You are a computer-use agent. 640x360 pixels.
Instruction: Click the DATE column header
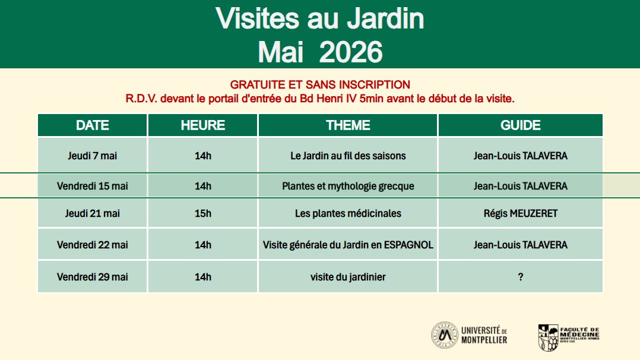click(92, 125)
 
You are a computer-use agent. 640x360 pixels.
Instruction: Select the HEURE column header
click(203, 125)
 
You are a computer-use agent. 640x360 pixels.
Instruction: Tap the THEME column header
click(348, 125)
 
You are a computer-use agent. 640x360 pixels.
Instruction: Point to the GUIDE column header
click(521, 125)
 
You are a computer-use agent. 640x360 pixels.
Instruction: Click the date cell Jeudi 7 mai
click(92, 156)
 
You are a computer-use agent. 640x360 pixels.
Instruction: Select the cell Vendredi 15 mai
click(92, 186)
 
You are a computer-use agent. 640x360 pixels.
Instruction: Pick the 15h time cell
click(203, 213)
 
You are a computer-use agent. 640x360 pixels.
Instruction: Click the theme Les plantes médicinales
click(348, 213)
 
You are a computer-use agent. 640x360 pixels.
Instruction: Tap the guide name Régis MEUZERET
click(521, 213)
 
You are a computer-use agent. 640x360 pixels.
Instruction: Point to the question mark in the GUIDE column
click(521, 277)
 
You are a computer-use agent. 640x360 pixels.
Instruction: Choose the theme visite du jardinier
click(348, 277)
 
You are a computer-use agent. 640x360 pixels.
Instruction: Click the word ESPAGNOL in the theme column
click(408, 245)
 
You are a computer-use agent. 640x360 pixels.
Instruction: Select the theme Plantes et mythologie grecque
click(348, 187)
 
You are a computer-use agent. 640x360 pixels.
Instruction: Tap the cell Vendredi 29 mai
click(92, 277)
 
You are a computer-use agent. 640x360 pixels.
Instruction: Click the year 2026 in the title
click(351, 52)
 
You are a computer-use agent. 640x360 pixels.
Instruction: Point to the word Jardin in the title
click(385, 18)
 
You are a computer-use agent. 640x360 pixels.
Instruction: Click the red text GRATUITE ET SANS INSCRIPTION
click(320, 84)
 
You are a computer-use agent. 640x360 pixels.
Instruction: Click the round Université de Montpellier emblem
click(445, 335)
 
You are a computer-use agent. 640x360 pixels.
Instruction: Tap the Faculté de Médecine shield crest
click(548, 337)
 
